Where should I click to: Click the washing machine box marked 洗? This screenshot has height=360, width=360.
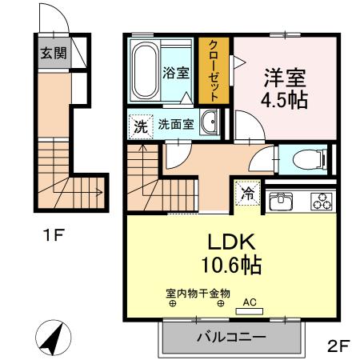click(x=139, y=125)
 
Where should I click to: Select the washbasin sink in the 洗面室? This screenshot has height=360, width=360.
click(x=210, y=123)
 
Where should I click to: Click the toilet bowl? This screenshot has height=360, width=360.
click(x=306, y=158)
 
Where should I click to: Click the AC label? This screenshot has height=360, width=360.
click(x=249, y=302)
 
